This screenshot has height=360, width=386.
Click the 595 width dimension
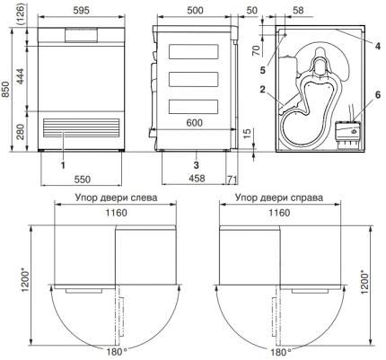[81, 11]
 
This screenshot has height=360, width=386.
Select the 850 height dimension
[5, 90]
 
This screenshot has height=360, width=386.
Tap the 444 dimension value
[21, 76]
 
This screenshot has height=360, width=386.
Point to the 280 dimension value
[21, 132]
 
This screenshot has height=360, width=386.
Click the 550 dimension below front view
[82, 180]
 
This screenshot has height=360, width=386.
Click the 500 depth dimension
[195, 11]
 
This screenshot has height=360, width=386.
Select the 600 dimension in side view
[194, 122]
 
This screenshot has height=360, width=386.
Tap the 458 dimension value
[197, 179]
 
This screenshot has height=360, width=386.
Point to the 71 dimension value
[232, 180]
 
